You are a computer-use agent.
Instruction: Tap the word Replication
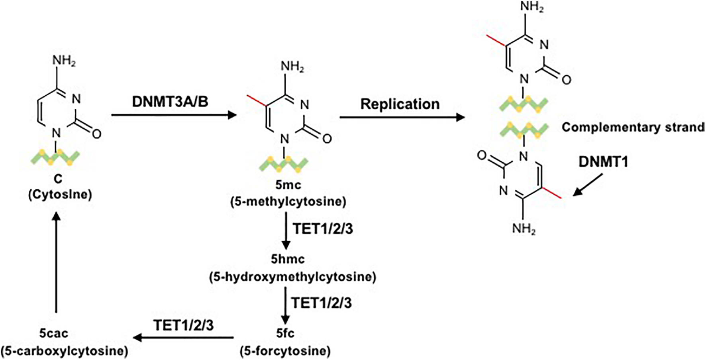400,104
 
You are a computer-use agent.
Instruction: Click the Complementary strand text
633,127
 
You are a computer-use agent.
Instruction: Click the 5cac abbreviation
54,333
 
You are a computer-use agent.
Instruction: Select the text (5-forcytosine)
285,351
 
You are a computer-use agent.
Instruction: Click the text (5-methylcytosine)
288,202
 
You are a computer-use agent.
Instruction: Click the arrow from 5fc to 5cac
183,338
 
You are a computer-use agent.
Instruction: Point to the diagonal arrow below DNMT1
588,185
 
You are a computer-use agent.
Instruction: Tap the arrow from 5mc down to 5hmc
285,231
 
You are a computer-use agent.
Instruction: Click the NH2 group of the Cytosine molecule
64,62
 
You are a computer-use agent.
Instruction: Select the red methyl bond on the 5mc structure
255,101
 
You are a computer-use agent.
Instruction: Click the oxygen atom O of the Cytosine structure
96,134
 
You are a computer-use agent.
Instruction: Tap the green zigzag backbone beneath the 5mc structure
283,164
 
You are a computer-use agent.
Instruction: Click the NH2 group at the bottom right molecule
524,229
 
